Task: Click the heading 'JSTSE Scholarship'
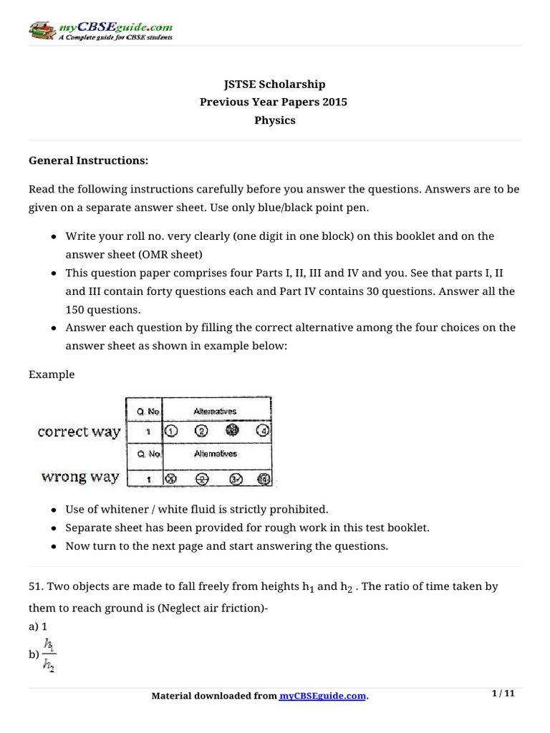275,84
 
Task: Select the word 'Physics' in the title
275,120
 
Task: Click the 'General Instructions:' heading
88,161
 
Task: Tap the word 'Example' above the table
52,374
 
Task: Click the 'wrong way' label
79,477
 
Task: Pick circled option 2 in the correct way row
201,432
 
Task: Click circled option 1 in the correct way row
171,432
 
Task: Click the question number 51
36,586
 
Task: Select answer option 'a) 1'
38,625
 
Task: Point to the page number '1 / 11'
503,694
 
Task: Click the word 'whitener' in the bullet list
124,510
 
